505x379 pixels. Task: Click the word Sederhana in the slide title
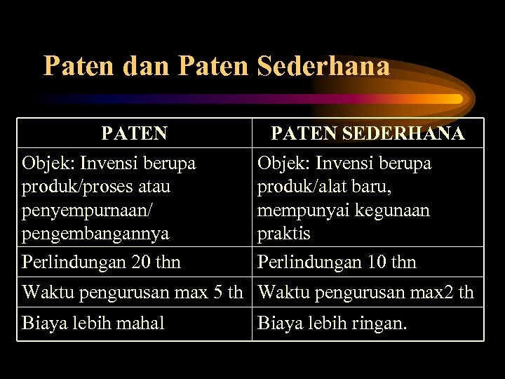click(x=323, y=66)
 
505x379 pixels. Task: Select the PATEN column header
click(x=134, y=133)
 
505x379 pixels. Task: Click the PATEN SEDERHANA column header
click(x=368, y=133)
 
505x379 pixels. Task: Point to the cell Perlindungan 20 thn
click(x=101, y=262)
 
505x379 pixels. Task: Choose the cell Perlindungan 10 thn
click(x=337, y=262)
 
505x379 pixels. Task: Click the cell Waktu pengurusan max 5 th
click(x=133, y=292)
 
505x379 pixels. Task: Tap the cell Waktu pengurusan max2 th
click(x=365, y=292)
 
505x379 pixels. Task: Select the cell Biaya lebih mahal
click(x=93, y=323)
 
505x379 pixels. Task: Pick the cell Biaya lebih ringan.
click(x=332, y=323)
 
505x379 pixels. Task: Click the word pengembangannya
click(x=95, y=233)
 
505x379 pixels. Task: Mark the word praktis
click(x=283, y=233)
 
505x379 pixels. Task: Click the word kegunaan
click(x=393, y=210)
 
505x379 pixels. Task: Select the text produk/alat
click(x=302, y=187)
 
